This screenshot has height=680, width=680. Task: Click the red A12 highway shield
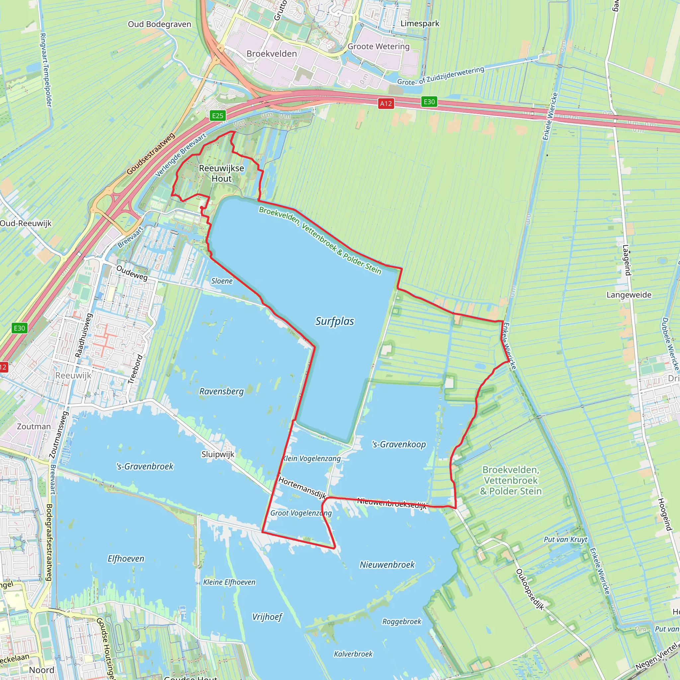[386, 104]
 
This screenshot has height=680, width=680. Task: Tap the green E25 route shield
[217, 116]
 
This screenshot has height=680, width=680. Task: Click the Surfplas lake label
[334, 321]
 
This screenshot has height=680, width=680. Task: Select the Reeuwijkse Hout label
[221, 173]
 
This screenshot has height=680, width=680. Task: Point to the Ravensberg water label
[221, 391]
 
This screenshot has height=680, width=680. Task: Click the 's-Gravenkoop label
[399, 445]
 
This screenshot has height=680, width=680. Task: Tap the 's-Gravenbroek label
[145, 467]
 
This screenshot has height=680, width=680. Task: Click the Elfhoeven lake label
[126, 558]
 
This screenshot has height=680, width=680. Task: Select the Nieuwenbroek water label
[387, 564]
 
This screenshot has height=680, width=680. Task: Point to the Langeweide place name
[629, 295]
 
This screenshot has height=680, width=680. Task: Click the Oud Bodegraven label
[159, 24]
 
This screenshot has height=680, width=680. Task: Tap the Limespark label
[420, 24]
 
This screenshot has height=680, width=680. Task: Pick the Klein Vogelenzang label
[312, 458]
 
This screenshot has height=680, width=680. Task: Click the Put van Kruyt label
[565, 540]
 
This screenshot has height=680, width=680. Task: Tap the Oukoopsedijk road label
[530, 589]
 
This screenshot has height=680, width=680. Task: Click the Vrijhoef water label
[267, 617]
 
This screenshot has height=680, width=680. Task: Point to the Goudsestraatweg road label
[151, 153]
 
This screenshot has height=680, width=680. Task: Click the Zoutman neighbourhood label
[34, 426]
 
